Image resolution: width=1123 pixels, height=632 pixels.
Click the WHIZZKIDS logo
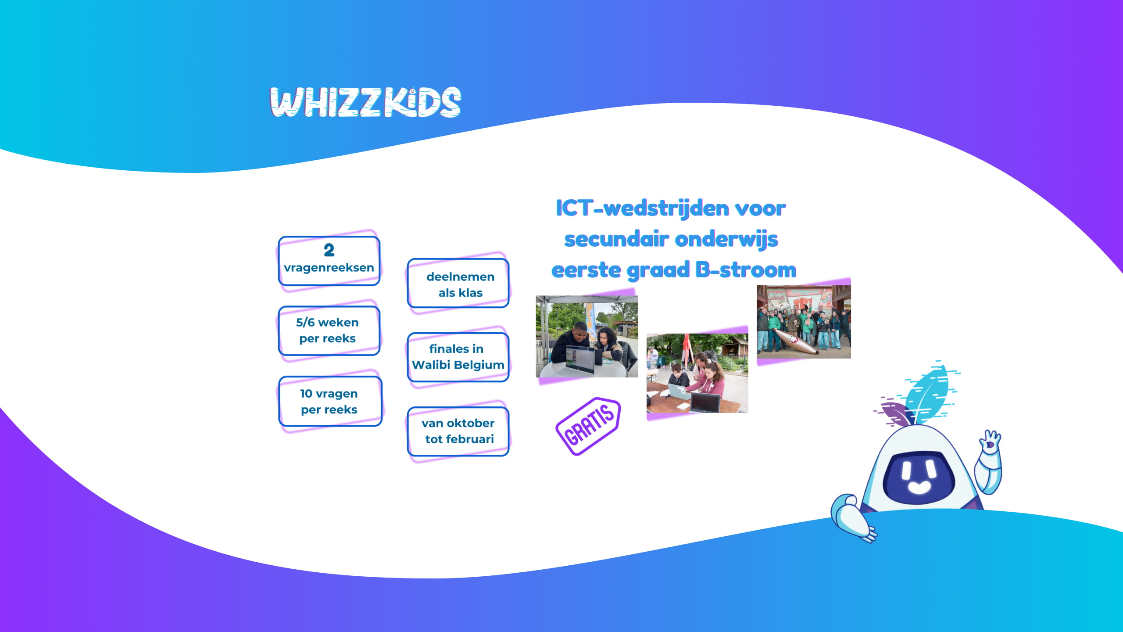365,102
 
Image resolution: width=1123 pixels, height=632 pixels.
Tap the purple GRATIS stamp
588,426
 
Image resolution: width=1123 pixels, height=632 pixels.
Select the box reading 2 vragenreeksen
329,261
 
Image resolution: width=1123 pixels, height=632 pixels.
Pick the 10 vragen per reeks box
330,401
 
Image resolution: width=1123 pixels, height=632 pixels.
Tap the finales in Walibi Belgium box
458,357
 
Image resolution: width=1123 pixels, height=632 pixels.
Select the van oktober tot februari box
458,431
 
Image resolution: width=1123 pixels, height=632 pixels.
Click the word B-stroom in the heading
746,270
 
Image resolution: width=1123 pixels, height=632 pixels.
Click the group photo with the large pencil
804,322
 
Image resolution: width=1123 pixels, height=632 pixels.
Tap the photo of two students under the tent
587,337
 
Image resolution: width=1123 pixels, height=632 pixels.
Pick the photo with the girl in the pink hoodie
697,373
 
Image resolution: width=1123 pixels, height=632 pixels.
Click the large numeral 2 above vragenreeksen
329,250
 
